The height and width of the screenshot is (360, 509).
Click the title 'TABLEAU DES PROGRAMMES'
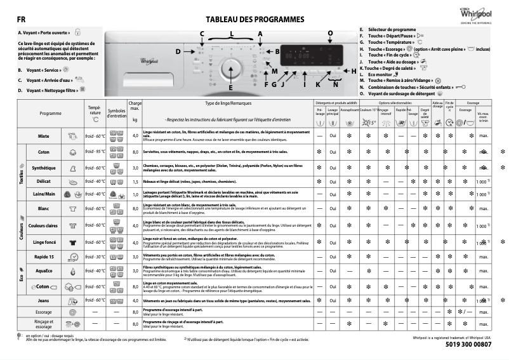[250, 20]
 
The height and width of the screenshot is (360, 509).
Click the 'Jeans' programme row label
[44, 300]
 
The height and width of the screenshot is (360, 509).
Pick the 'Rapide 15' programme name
[44, 257]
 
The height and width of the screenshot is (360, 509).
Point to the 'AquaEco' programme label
[44, 271]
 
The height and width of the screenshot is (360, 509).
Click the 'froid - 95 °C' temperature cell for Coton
[95, 152]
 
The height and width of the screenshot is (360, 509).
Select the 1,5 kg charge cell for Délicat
[135, 182]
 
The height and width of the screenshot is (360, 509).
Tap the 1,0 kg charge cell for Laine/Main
[135, 194]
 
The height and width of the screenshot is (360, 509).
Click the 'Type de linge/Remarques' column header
[229, 103]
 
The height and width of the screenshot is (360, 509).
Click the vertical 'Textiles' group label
[20, 171]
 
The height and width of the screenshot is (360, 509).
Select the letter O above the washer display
[329, 32]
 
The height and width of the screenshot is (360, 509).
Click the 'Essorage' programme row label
[44, 312]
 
